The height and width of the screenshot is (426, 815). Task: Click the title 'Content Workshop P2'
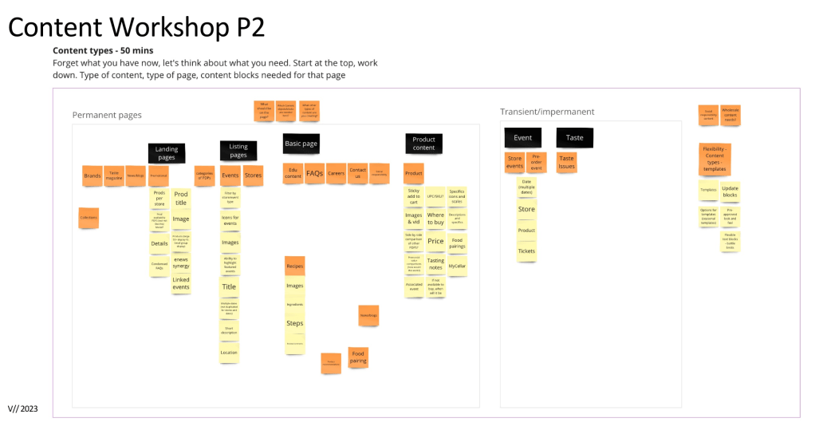click(x=136, y=27)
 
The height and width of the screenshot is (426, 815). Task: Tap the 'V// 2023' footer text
click(x=23, y=408)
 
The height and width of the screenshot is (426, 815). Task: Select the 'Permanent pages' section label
click(x=107, y=115)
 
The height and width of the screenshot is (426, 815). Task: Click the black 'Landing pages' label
click(x=167, y=153)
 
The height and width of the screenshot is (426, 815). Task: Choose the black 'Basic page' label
click(x=301, y=144)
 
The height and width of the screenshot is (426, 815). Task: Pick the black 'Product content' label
click(x=423, y=143)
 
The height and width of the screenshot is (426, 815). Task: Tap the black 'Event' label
click(x=522, y=137)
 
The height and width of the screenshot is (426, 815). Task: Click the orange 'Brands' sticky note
click(x=93, y=176)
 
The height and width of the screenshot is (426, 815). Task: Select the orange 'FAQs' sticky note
click(x=314, y=173)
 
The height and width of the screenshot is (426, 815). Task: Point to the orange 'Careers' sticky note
click(x=336, y=173)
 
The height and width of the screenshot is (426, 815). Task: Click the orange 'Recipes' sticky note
click(x=294, y=266)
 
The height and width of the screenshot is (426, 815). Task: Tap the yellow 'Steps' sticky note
click(x=294, y=323)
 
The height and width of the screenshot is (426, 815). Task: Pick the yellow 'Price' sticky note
click(x=435, y=241)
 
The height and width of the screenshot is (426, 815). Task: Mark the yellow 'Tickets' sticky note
click(x=526, y=251)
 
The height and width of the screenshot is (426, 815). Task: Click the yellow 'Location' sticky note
click(x=229, y=352)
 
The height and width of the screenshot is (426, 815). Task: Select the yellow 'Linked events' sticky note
click(x=181, y=282)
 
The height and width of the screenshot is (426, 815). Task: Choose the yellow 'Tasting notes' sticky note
click(x=435, y=264)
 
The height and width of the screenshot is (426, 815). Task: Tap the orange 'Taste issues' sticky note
click(x=567, y=162)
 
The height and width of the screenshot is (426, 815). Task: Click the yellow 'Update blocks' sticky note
click(x=730, y=191)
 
